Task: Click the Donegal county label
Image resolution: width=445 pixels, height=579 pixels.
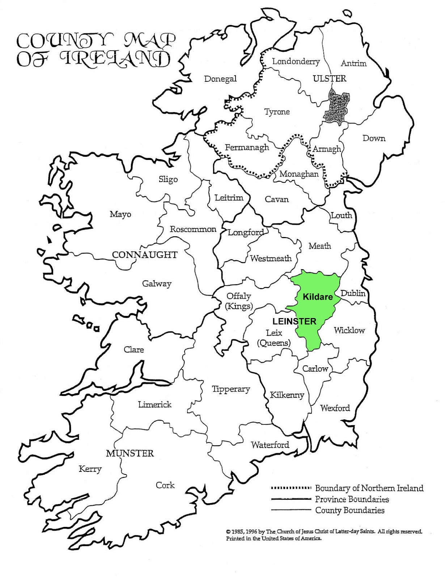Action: point(220,79)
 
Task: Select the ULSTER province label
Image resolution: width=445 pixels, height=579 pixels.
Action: point(330,78)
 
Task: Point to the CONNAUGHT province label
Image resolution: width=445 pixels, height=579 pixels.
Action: point(145,255)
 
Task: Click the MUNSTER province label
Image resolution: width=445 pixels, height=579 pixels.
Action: point(130,453)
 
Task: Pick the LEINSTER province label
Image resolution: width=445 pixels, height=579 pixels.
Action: point(294,321)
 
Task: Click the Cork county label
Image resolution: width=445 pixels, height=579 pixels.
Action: point(165,485)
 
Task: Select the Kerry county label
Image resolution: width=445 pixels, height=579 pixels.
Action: point(90,469)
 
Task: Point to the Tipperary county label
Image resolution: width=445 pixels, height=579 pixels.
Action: point(231,389)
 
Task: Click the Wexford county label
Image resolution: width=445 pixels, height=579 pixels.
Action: point(335,408)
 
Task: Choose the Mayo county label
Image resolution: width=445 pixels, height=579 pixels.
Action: point(120,214)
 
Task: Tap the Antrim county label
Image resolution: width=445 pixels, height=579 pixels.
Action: point(353,63)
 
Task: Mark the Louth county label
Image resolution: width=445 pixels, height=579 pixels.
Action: point(341,215)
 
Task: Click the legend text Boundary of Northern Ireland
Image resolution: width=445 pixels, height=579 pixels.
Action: point(369,488)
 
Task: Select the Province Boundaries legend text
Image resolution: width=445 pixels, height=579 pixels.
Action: point(352,499)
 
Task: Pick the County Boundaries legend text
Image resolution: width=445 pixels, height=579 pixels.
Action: point(350,510)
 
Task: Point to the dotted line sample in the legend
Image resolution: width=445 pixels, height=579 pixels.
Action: point(291,488)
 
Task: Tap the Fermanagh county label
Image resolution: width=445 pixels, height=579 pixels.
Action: point(247,147)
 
